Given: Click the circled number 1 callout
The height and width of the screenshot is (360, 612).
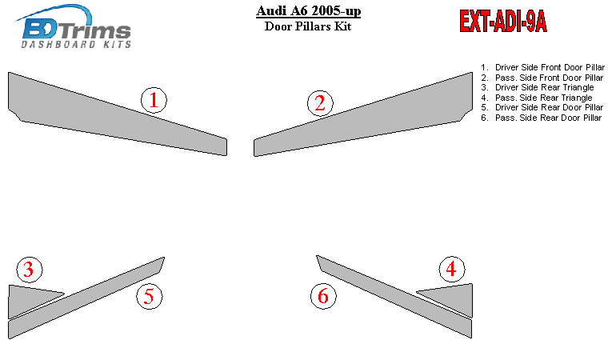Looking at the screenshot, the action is [154, 100].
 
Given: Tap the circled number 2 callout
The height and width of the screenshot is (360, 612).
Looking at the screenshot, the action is [320, 103].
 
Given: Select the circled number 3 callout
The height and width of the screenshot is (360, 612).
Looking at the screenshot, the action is [30, 270].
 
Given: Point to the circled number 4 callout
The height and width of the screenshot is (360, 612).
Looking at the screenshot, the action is [452, 269].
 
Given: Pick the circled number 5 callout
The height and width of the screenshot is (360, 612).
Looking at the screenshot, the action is [150, 296].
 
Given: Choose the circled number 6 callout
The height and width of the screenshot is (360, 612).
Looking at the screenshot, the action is [323, 296].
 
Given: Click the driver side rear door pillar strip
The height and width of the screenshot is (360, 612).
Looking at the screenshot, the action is [86, 298].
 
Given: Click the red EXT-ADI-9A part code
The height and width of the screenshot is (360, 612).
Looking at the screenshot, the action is [503, 21].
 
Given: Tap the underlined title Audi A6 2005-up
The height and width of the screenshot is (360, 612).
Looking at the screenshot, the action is [308, 11].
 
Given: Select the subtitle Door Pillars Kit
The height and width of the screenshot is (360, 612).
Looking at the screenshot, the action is [308, 26].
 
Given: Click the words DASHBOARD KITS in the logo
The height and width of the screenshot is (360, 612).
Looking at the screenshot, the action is [76, 45].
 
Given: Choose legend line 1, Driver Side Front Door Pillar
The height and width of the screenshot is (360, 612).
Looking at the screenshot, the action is [542, 67].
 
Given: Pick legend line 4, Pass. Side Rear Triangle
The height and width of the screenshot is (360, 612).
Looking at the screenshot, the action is [537, 98].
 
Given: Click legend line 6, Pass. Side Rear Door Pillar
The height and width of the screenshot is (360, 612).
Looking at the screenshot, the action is [542, 118].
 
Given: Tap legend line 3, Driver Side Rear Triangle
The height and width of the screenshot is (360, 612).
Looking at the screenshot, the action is [538, 87].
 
